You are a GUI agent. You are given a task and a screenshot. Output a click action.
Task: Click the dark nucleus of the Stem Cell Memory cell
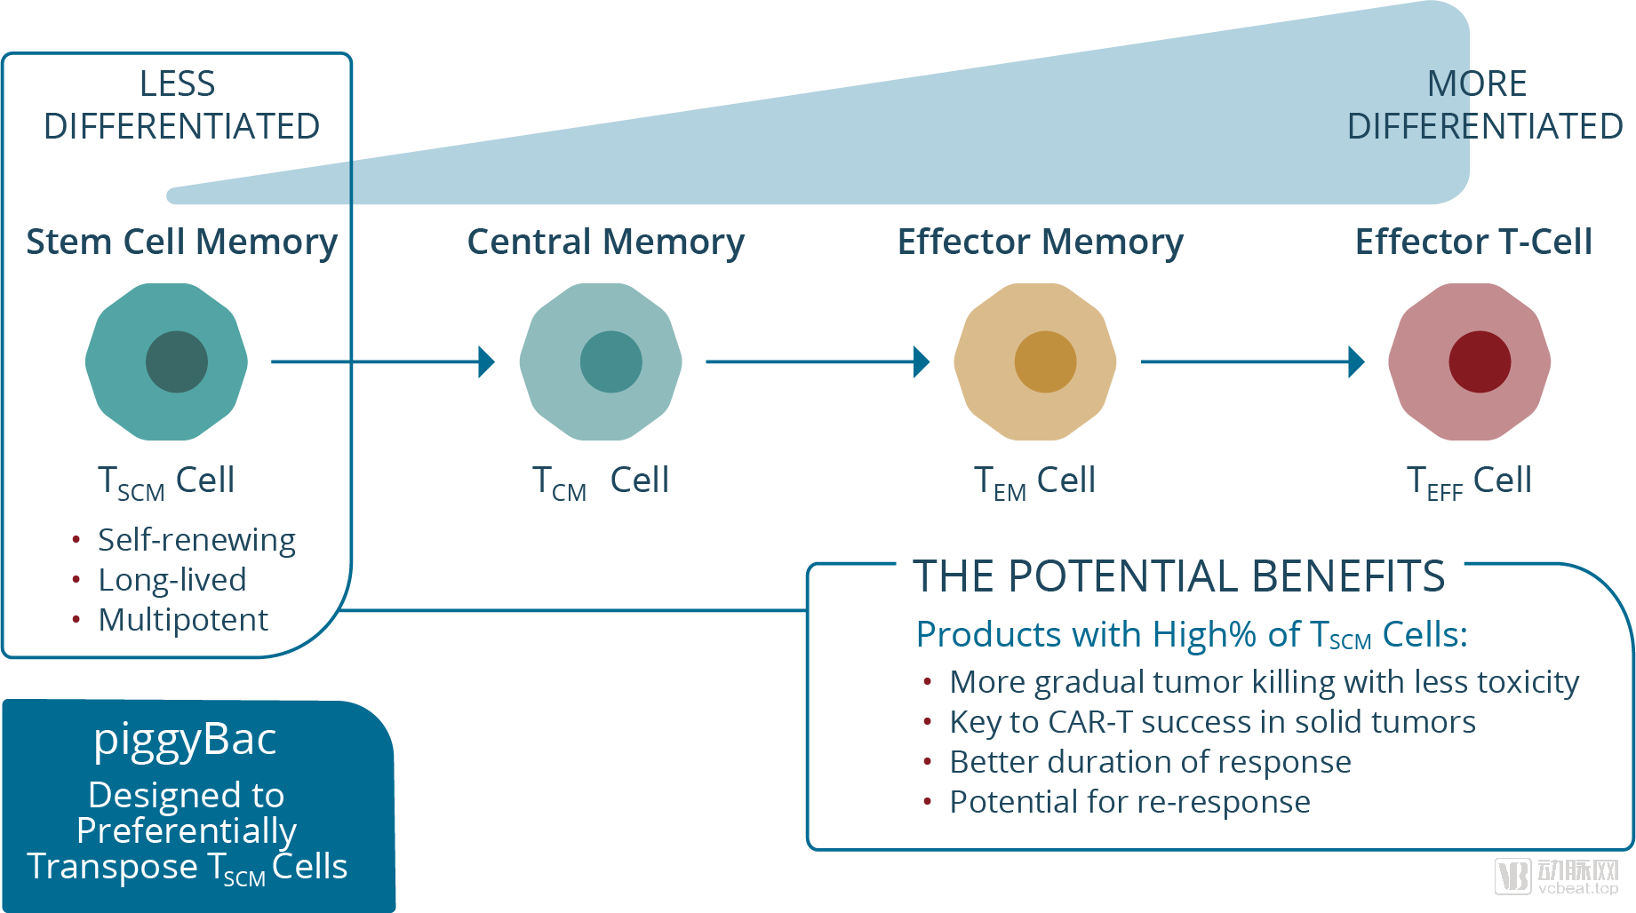pos(176,361)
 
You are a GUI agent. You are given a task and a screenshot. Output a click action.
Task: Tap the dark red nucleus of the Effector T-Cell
pos(1480,361)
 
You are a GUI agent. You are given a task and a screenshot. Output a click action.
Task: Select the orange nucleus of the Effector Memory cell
pos(1045,361)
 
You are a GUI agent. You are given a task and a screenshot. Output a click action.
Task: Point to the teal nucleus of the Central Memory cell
pos(611,361)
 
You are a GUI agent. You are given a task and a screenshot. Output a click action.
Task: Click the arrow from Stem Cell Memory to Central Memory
pos(382,361)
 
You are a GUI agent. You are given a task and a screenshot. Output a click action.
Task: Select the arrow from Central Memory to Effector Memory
pos(818,361)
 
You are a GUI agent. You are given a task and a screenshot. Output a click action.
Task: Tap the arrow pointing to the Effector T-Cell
pos(1252,361)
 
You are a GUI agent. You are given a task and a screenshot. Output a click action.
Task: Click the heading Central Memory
pos(605,242)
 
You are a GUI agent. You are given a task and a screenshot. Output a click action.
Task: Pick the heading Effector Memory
pos(1040,242)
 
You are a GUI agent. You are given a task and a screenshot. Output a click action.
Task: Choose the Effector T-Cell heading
pos(1472,242)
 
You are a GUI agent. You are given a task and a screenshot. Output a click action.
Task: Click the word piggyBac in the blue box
pos(185,740)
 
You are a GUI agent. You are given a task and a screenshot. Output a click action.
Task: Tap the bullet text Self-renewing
pos(196,540)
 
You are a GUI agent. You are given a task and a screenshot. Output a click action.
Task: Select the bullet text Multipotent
pos(183,620)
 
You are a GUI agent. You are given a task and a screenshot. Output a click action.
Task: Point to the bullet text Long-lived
pos(172,580)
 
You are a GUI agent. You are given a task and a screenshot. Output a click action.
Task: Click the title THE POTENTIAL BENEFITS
pos(1178,576)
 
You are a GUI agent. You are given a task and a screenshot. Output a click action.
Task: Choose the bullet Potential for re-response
pos(1129,802)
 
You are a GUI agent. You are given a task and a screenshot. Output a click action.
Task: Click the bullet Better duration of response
pos(1150,762)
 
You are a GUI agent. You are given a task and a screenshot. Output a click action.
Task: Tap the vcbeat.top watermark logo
pos(1557,877)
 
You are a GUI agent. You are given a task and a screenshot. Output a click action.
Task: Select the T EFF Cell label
pos(1469,481)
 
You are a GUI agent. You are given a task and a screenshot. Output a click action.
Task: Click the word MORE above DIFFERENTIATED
pos(1477,84)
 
